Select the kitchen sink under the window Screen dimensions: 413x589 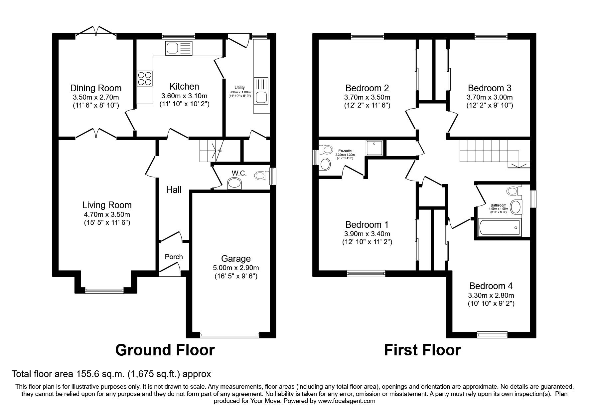(179, 49)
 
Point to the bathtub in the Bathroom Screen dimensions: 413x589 (499, 227)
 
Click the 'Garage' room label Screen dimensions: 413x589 (236, 258)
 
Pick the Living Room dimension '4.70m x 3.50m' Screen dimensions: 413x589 (107, 214)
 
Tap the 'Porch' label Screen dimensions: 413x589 (174, 256)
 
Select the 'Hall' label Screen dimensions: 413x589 (174, 190)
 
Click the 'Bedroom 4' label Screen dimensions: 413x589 (491, 285)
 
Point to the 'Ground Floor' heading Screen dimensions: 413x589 (165, 350)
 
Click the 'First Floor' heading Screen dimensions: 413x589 (422, 350)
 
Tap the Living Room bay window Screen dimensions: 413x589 (104, 290)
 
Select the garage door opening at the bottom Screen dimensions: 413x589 (230, 335)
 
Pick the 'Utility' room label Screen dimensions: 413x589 (239, 87)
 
